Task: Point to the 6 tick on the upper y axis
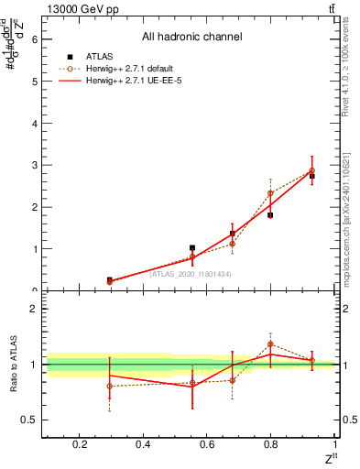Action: pyautogui.click(x=34, y=39)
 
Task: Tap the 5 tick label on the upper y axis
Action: pyautogui.click(x=34, y=82)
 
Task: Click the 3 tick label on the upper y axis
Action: pyautogui.click(x=34, y=165)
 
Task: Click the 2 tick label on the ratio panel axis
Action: pyautogui.click(x=34, y=309)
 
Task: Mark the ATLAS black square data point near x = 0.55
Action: pyautogui.click(x=191, y=248)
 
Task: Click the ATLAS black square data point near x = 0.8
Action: pyautogui.click(x=270, y=215)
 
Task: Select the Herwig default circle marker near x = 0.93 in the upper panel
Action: pyautogui.click(x=311, y=170)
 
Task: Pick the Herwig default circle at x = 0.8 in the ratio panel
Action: pyautogui.click(x=270, y=344)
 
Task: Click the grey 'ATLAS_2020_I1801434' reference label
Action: pyautogui.click(x=191, y=274)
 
